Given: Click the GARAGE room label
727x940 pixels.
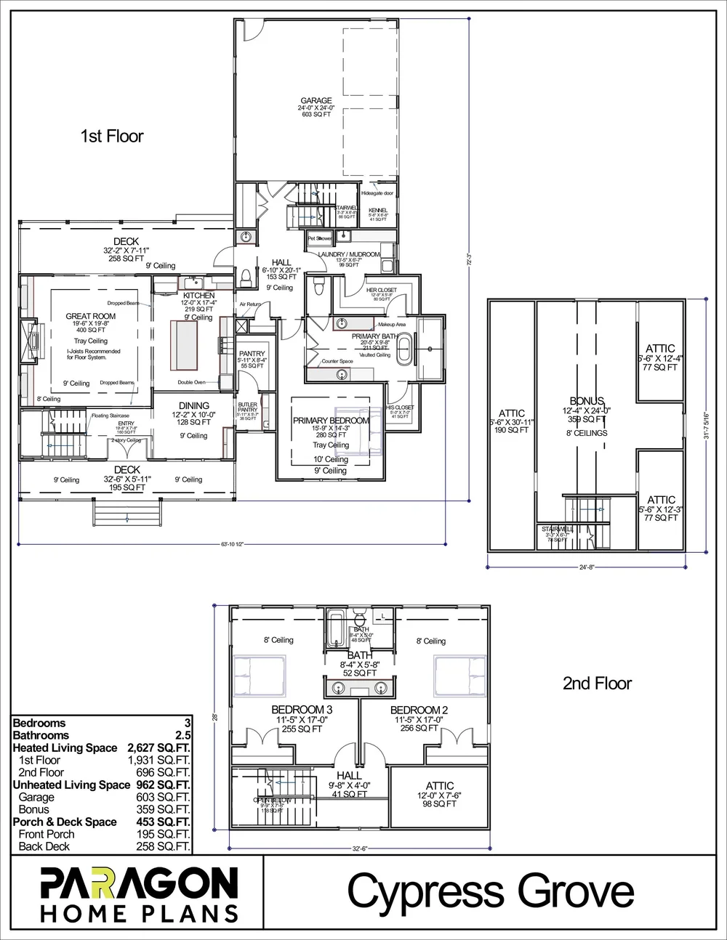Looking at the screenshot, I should [x=316, y=101].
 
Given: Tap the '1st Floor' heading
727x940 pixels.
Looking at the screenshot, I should [x=111, y=136].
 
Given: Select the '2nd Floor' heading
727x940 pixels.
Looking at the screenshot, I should [x=598, y=683].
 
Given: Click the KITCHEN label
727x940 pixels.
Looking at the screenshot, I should [x=198, y=296].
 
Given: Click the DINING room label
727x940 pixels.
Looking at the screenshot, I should [x=194, y=405].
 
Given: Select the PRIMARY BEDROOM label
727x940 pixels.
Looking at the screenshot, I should [x=331, y=421].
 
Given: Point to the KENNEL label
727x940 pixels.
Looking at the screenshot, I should [x=379, y=210].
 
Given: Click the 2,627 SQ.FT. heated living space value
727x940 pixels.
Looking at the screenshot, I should [x=158, y=747].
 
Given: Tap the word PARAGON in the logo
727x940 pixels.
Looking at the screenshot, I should [x=138, y=883].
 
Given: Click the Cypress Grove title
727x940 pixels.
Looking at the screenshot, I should [x=491, y=891].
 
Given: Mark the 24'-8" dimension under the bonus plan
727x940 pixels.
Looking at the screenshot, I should [x=587, y=567].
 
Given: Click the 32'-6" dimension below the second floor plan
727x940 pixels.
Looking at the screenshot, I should [x=358, y=847].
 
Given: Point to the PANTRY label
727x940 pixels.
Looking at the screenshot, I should [x=252, y=354].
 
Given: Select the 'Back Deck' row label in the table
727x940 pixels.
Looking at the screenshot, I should [x=46, y=846].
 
